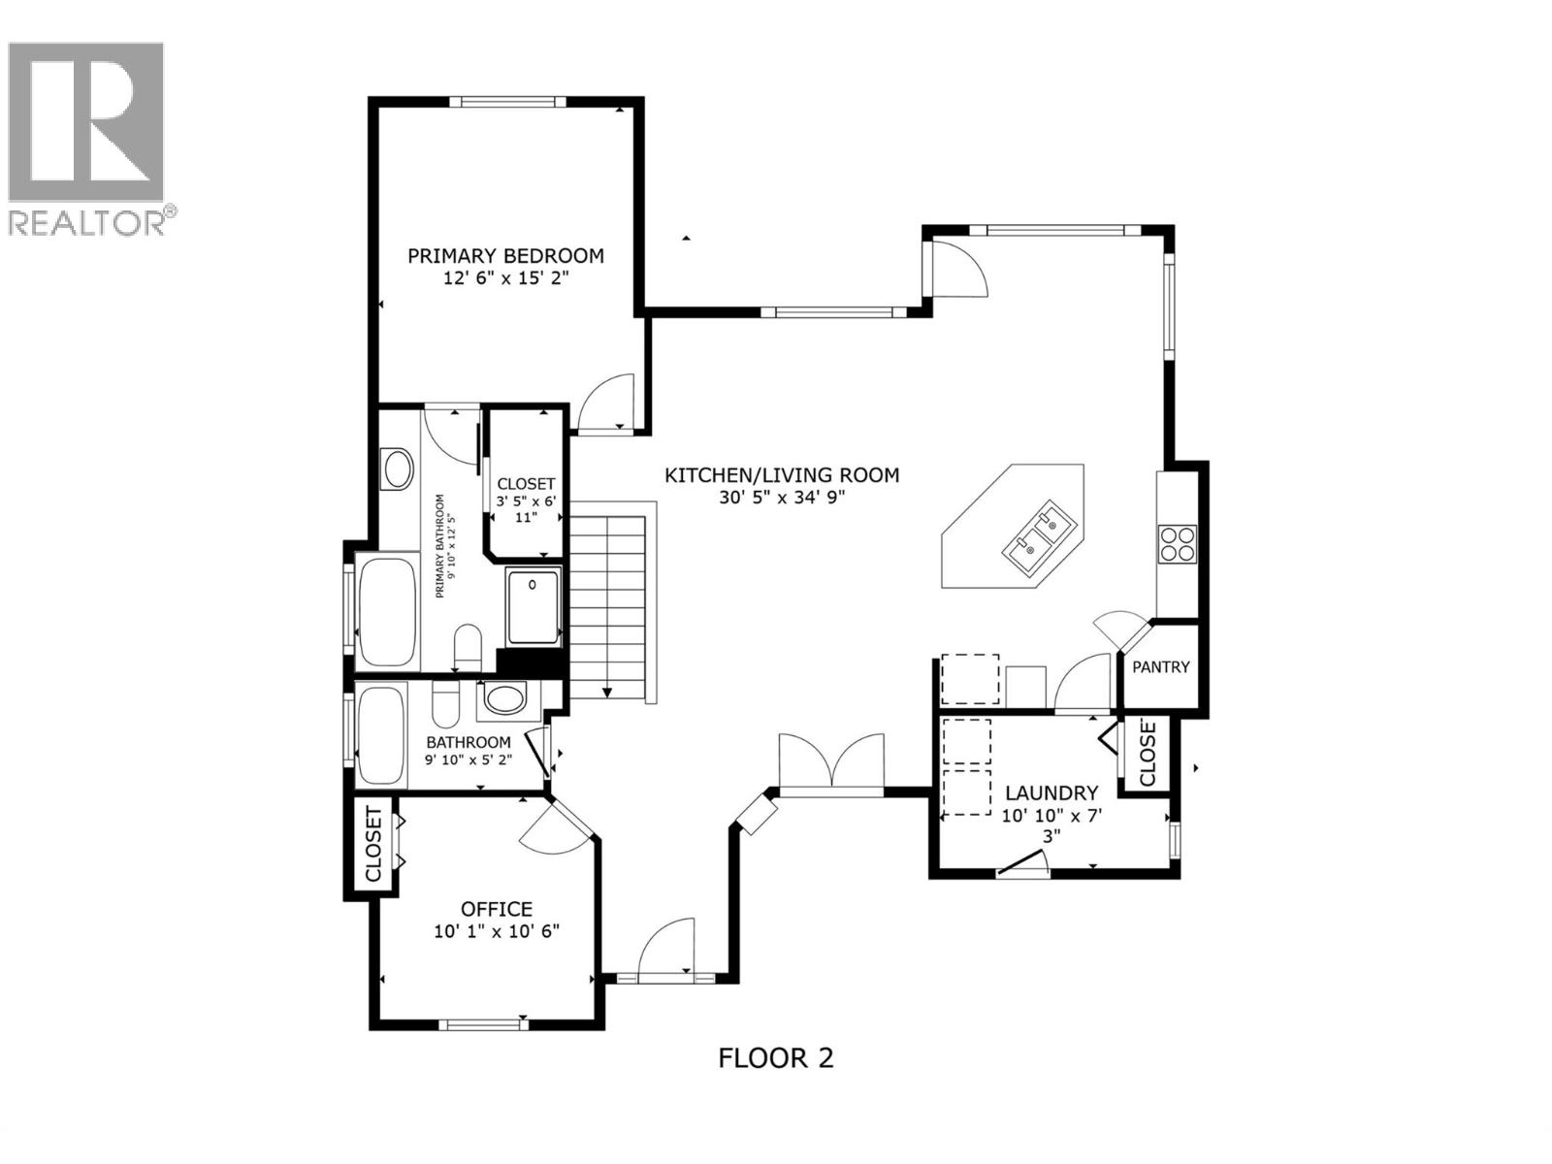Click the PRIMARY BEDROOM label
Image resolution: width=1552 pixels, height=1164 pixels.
pyautogui.click(x=505, y=256)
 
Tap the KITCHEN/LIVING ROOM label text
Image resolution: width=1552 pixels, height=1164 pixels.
pyautogui.click(x=782, y=475)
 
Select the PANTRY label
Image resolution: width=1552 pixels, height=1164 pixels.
pyautogui.click(x=1160, y=667)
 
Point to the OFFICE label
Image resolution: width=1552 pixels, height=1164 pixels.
pyautogui.click(x=496, y=909)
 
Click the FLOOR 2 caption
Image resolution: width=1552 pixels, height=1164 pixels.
pyautogui.click(x=775, y=1057)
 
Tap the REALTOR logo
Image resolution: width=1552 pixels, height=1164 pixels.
pyautogui.click(x=86, y=136)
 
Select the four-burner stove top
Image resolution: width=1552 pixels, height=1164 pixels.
pyautogui.click(x=1178, y=543)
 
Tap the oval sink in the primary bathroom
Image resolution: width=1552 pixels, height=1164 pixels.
pyautogui.click(x=398, y=469)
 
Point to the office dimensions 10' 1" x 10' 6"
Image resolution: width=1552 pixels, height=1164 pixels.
pyautogui.click(x=497, y=931)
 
